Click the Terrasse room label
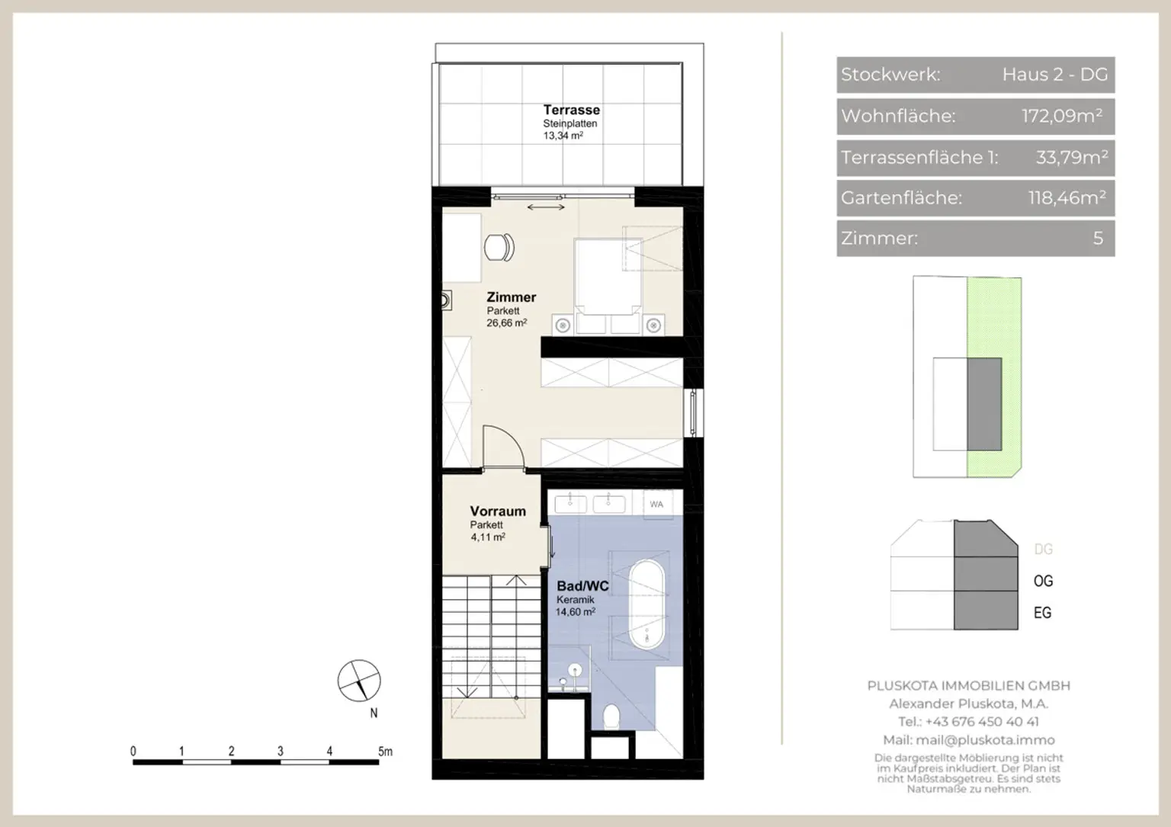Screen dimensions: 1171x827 pos(571,110)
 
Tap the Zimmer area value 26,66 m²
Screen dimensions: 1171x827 pos(506,323)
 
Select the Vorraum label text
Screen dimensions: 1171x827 pos(498,511)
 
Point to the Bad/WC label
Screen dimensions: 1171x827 pos(582,586)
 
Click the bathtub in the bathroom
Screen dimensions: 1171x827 pos(646,605)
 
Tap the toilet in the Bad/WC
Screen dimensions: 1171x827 pos(611,716)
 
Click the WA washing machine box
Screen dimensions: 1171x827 pos(656,505)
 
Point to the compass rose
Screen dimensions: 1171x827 pos(358,680)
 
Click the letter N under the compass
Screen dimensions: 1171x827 pos(374,713)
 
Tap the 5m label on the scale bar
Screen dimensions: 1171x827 pos(385,752)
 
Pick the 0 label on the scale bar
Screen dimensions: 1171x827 pos(133,752)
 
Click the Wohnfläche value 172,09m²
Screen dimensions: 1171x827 pos(1062,116)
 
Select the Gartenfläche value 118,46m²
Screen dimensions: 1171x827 pos(1067,197)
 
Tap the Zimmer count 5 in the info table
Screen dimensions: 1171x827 pos(1098,239)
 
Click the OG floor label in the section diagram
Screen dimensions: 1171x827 pos(1044,581)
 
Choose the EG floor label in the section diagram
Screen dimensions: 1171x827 pos(1042,613)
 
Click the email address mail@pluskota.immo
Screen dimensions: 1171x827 pos(985,739)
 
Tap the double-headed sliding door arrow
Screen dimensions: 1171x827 pos(546,207)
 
